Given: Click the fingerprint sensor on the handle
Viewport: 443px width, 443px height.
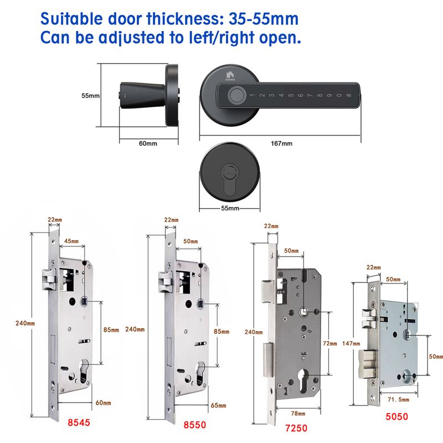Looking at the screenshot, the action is click(234, 95).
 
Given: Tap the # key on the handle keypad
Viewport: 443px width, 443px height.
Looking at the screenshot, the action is click(349, 95).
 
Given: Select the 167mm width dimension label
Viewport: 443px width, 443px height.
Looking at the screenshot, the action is click(281, 143).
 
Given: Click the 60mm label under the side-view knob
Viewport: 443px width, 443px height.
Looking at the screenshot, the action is click(148, 143).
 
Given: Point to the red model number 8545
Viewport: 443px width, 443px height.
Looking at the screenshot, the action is click(79, 423).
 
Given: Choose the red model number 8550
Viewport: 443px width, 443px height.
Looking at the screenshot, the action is click(195, 425).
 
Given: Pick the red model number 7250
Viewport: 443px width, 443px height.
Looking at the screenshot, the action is click(296, 428).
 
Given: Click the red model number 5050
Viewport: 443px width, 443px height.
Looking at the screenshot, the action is click(396, 416).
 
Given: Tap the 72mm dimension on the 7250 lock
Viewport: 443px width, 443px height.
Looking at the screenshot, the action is click(329, 343).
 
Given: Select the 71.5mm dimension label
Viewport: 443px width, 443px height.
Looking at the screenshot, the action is click(398, 399).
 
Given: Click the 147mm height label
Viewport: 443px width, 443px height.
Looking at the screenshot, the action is click(351, 343).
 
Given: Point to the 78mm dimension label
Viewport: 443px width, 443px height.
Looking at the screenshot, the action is click(298, 414).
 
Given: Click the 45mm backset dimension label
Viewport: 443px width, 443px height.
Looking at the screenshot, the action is click(71, 241).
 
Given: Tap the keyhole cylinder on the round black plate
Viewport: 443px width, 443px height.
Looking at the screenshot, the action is click(230, 182).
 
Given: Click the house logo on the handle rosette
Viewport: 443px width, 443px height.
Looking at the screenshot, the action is click(230, 75).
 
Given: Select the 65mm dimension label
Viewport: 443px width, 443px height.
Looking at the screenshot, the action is click(218, 405).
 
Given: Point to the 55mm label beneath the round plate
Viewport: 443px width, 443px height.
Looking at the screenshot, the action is click(230, 208).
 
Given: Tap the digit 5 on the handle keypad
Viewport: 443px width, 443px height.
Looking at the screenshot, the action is click(291, 95).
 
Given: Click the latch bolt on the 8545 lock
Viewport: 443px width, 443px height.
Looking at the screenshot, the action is click(49, 279).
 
